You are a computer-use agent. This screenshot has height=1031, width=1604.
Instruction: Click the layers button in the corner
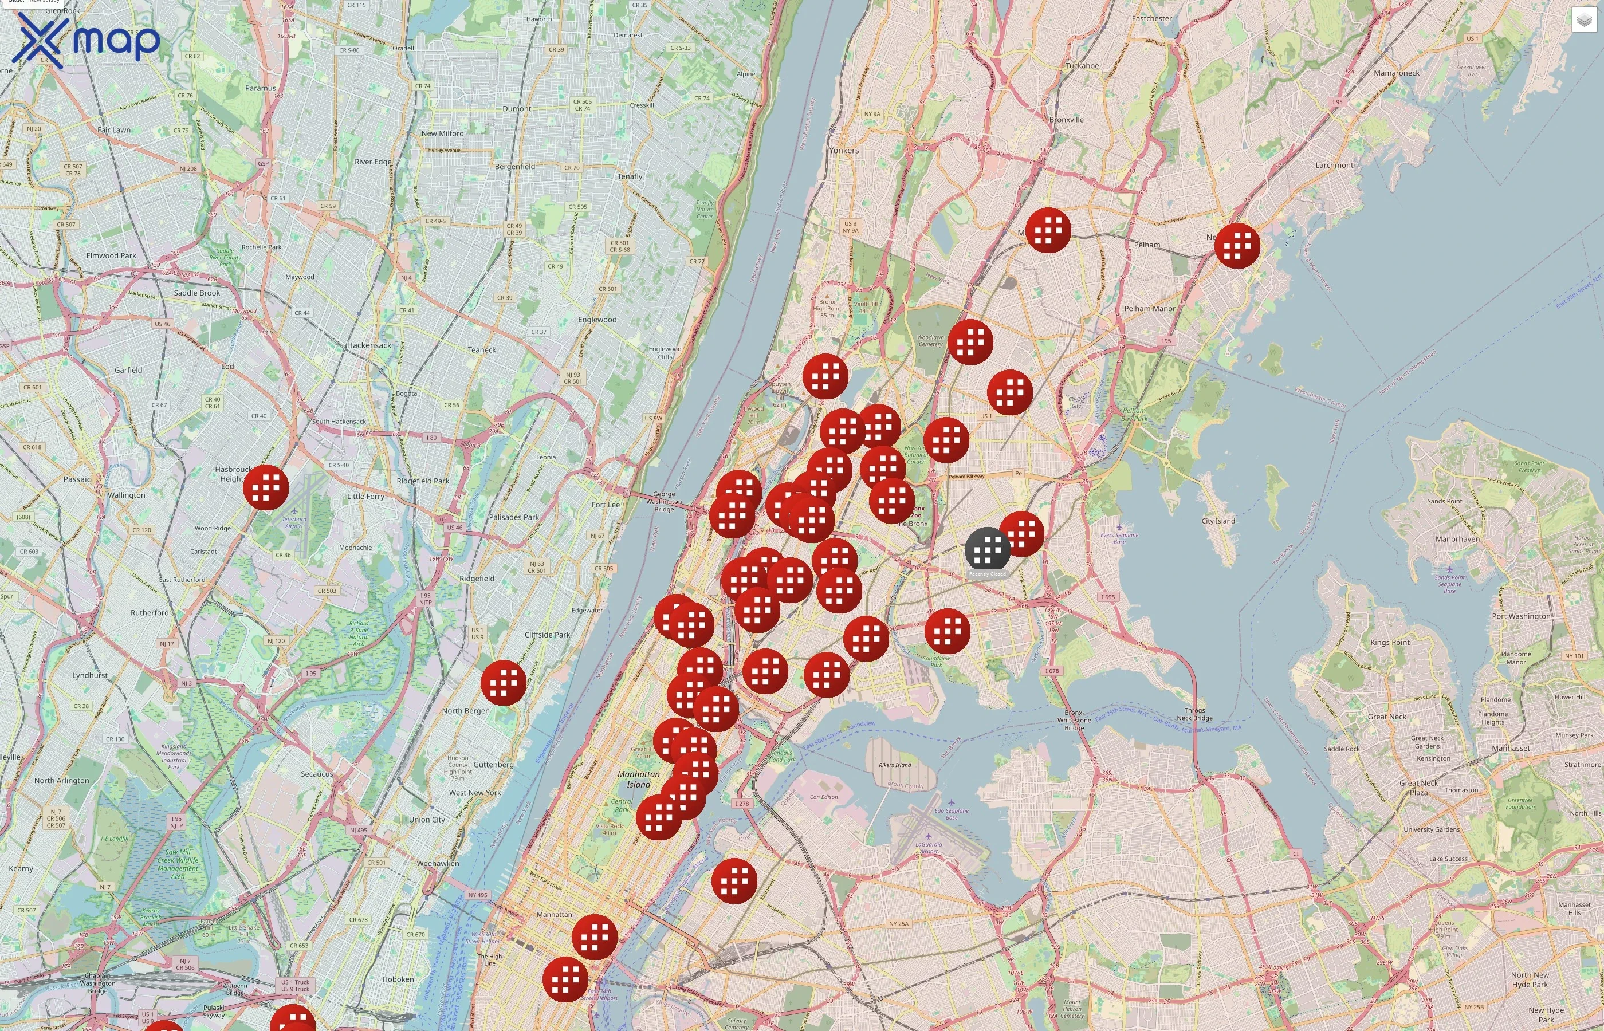pyautogui.click(x=1583, y=20)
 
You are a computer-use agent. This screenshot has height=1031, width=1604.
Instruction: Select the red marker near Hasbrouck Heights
pyautogui.click(x=266, y=487)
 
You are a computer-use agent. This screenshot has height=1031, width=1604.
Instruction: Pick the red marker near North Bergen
pyautogui.click(x=504, y=682)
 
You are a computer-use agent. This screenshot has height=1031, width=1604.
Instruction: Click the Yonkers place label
pyautogui.click(x=843, y=151)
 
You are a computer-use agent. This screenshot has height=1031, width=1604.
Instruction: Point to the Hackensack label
pyautogui.click(x=369, y=345)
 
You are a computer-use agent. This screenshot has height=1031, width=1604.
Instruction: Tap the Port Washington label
pyautogui.click(x=1520, y=616)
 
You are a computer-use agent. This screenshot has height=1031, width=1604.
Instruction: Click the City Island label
pyautogui.click(x=1218, y=521)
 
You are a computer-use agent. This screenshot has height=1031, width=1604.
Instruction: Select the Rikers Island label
pyautogui.click(x=894, y=765)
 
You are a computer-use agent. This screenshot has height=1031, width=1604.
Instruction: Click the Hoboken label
pyautogui.click(x=398, y=979)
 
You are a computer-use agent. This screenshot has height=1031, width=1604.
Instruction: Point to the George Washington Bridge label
pyautogui.click(x=663, y=501)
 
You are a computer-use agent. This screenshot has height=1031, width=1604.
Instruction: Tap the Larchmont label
pyautogui.click(x=1334, y=166)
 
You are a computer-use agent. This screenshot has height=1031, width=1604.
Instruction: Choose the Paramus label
pyautogui.click(x=261, y=88)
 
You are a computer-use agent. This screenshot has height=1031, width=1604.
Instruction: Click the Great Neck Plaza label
pyautogui.click(x=1418, y=788)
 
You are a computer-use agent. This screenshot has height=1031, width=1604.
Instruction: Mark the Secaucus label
pyautogui.click(x=317, y=774)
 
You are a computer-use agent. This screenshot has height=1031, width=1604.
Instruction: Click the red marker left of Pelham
pyautogui.click(x=1048, y=230)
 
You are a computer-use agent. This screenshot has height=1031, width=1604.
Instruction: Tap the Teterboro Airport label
pyautogui.click(x=294, y=522)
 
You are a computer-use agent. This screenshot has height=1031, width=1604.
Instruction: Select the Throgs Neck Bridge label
pyautogui.click(x=1194, y=714)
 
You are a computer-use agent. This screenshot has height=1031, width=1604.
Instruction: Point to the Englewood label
pyautogui.click(x=597, y=320)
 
